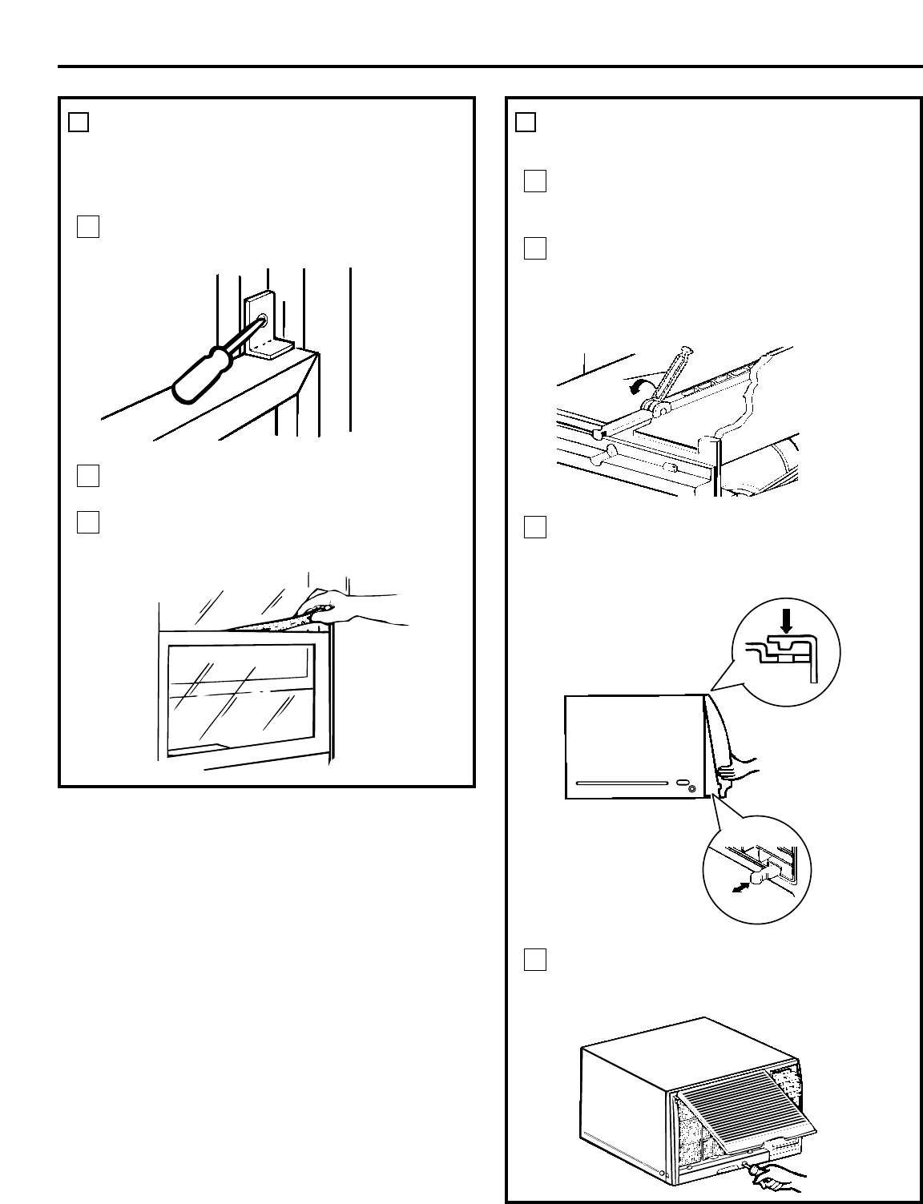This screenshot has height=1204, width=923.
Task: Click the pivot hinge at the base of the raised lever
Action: coord(660,410)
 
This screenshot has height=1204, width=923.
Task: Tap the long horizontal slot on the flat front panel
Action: coord(622,783)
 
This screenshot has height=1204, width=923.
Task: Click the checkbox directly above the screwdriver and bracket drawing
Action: coord(89,227)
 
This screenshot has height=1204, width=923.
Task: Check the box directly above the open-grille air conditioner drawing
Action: coord(535,959)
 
